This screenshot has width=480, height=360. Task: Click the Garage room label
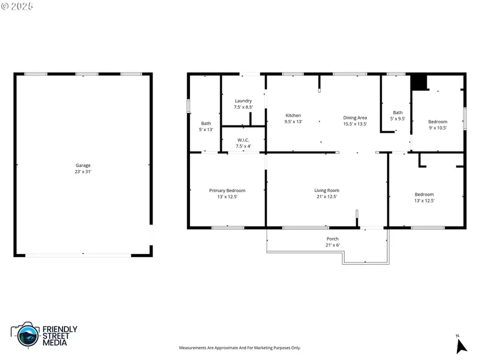83,165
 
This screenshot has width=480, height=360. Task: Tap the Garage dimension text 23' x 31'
83,172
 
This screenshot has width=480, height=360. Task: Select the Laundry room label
243,101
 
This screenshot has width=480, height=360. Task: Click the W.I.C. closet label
243,140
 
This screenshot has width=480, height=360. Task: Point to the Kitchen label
293,115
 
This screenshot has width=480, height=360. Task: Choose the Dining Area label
355,118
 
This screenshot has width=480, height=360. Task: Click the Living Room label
326,190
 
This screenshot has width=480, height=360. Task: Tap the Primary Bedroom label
227,190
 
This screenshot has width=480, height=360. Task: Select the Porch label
332,238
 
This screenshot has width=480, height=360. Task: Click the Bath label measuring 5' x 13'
206,124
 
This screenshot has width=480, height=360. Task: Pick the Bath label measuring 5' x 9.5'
398,113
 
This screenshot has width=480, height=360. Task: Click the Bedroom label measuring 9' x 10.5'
438,122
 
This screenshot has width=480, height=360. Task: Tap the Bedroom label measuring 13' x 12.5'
424,194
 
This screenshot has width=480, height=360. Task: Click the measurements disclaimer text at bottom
239,348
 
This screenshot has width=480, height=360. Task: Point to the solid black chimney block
419,82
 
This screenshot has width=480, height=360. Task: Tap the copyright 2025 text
17,6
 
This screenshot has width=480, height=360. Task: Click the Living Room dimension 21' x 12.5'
326,197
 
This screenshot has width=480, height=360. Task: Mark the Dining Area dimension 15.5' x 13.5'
355,124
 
